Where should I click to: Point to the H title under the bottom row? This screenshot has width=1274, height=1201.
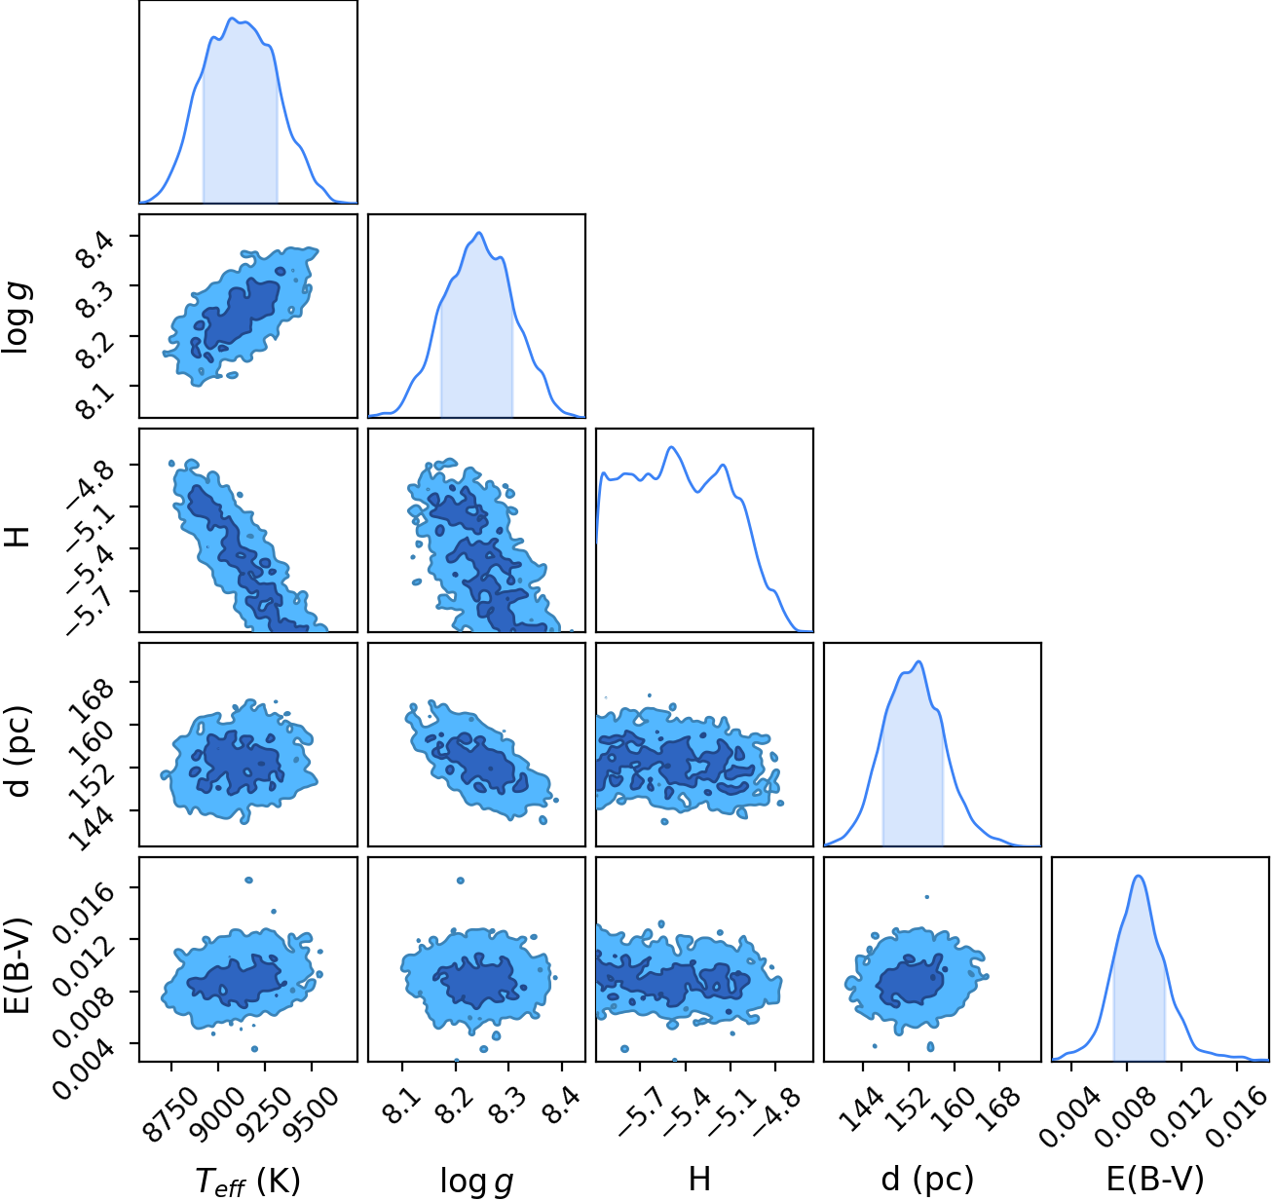point(699,1178)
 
